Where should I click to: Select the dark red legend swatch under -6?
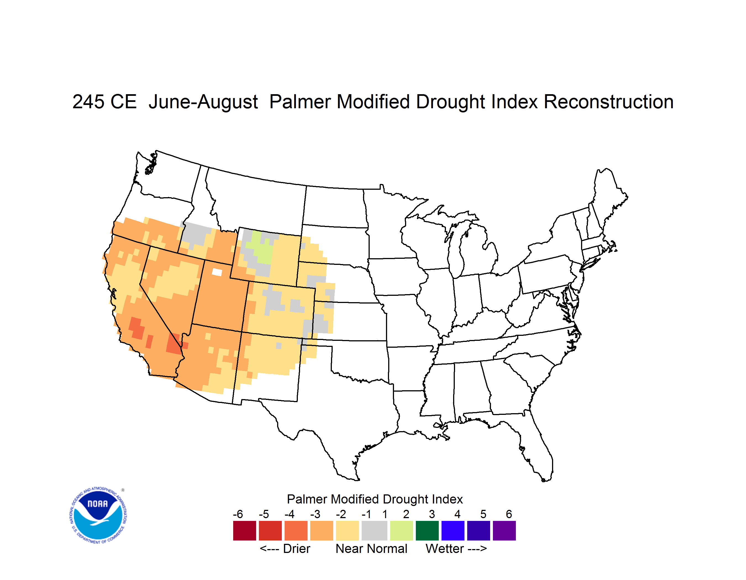(x=245, y=531)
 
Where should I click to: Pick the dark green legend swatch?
(x=427, y=531)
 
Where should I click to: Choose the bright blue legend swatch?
(x=453, y=531)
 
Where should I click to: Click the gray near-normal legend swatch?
(x=374, y=531)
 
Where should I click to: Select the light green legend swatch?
(x=401, y=531)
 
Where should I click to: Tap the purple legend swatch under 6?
(x=504, y=531)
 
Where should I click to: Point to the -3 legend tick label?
(x=315, y=514)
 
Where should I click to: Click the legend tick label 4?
(x=457, y=514)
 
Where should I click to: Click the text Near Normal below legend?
(x=371, y=549)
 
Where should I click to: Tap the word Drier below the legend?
(x=296, y=549)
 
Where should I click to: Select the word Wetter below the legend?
(x=445, y=549)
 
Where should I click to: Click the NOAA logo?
(x=98, y=515)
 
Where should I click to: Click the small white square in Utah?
(x=217, y=272)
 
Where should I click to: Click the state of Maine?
(x=608, y=198)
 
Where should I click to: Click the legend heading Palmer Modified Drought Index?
(x=375, y=499)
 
